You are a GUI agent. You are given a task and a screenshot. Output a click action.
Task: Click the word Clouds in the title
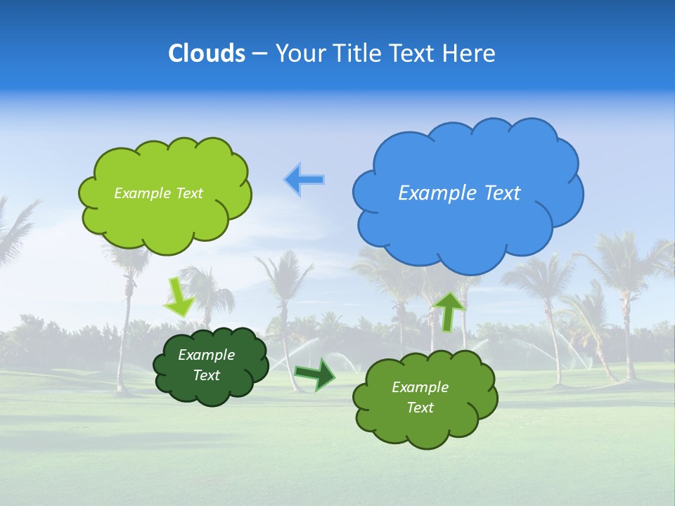coord(207,53)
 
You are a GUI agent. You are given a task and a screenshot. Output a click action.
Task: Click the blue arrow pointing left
coord(304,180)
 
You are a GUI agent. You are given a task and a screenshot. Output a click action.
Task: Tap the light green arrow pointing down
coord(179,297)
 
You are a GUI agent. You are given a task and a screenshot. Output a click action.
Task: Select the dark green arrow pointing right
coord(314,373)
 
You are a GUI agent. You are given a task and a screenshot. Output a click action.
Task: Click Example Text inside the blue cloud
coord(459,193)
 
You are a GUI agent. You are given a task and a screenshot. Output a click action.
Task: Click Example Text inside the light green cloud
coord(158,193)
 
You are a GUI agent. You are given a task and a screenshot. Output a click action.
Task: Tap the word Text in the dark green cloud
coord(207,375)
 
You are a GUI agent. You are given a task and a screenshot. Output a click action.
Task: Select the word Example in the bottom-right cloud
coord(420,387)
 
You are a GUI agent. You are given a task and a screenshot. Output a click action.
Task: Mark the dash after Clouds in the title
coord(259,53)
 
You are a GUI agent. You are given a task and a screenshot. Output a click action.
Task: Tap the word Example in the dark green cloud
coord(206,355)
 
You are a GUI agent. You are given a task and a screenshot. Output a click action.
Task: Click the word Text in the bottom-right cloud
coord(420,408)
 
